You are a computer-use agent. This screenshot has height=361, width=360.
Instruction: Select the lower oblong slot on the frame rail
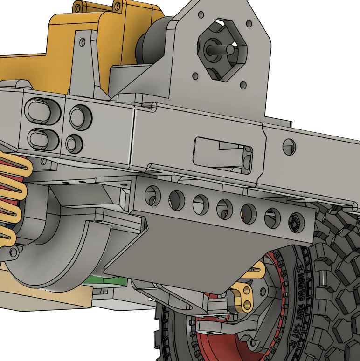(x=43, y=138)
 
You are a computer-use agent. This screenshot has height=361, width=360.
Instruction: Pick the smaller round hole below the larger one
(x=74, y=143)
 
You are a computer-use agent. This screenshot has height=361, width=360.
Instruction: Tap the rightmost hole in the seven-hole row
(x=296, y=222)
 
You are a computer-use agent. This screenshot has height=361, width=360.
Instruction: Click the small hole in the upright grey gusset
(x=83, y=42)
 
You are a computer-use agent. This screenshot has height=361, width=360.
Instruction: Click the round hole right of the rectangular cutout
(x=289, y=147)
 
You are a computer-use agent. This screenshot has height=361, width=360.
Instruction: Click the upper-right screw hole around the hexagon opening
(x=249, y=23)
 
